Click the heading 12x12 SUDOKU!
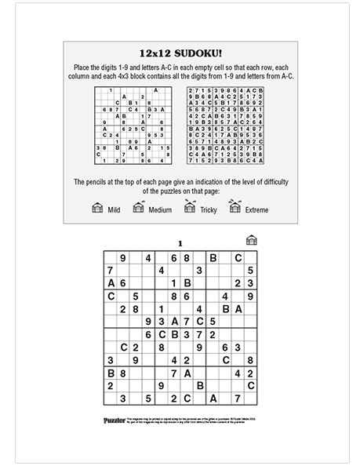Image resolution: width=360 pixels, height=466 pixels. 179,54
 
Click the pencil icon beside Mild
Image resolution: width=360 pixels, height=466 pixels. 97,207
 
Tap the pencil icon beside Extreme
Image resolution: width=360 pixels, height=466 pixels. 235,206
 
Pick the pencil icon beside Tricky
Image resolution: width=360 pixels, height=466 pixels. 189,206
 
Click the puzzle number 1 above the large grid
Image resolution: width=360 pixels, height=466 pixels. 180,242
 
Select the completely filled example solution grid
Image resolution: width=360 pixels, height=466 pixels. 224,125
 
